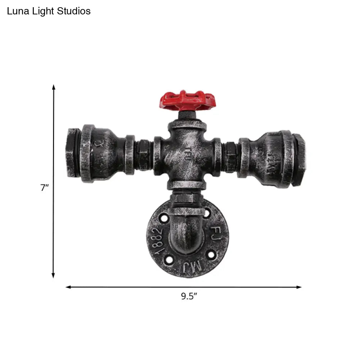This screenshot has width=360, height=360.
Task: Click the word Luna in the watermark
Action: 17,11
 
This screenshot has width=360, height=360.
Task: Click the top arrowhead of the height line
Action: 54,87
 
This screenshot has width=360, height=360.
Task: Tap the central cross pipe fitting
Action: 187,155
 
